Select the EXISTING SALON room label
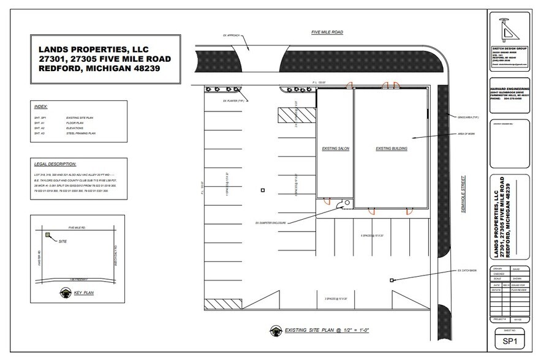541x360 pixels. [335, 149]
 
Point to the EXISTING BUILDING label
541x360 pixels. [392, 149]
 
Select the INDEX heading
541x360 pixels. [41, 107]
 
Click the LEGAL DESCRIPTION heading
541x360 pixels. [56, 164]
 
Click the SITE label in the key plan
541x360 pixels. [61, 242]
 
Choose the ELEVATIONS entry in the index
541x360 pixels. [77, 128]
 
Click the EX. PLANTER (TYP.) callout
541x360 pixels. [234, 101]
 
